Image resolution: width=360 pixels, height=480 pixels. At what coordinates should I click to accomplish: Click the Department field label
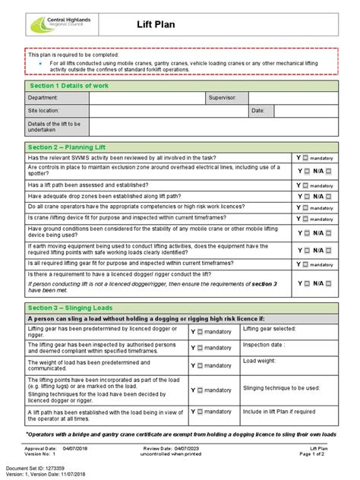[x=43, y=98]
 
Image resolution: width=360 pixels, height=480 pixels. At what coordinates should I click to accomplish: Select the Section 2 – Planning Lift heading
[x=66, y=146]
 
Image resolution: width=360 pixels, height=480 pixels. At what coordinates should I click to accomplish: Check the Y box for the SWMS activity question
[x=305, y=158]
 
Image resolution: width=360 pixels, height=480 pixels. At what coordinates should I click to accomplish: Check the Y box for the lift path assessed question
[x=305, y=185]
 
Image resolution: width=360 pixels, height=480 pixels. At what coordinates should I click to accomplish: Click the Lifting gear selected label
[x=268, y=329]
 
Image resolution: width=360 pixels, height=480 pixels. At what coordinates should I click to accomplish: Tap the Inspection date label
[x=264, y=343]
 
